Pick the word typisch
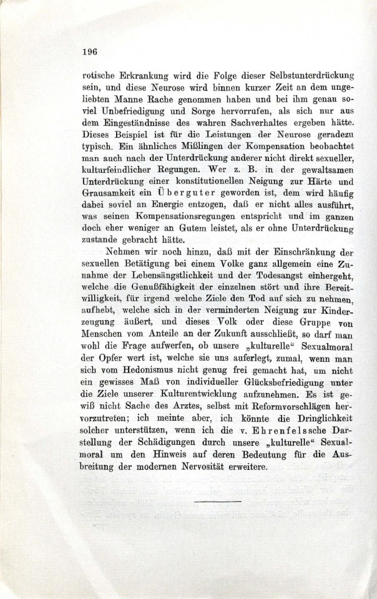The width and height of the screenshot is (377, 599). pyautogui.click(x=100, y=147)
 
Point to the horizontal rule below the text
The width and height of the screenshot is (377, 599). pyautogui.click(x=217, y=501)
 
